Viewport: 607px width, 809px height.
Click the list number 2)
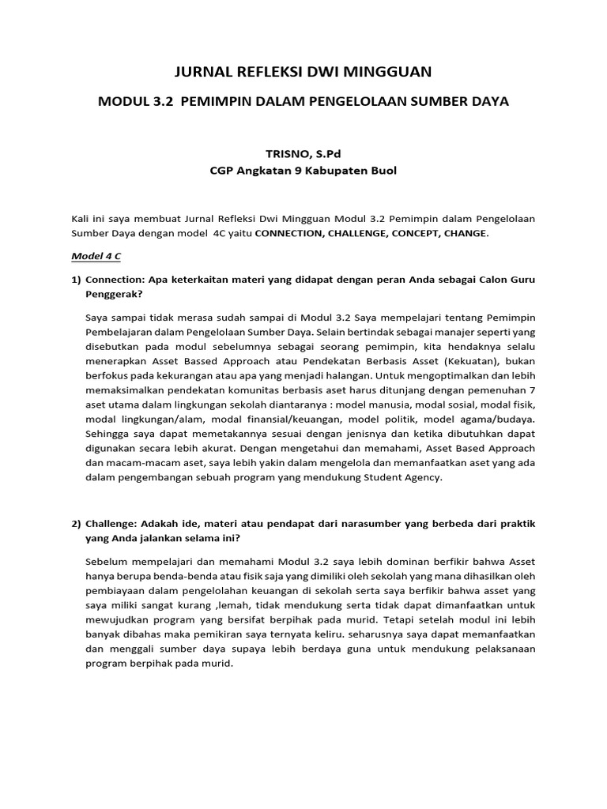coord(76,524)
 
